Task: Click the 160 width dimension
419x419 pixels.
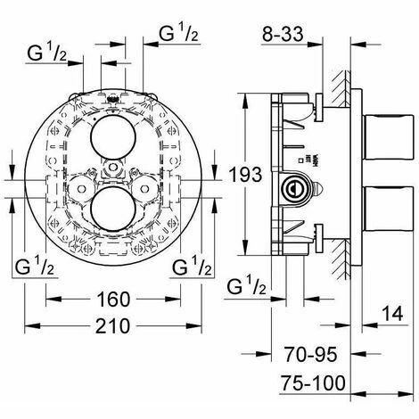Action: tap(113, 299)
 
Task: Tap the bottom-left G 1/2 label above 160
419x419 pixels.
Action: tap(37, 267)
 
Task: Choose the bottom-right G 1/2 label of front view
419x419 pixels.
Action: tap(191, 267)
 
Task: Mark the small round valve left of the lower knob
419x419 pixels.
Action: tap(79, 189)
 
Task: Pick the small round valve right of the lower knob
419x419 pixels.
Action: tap(148, 189)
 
